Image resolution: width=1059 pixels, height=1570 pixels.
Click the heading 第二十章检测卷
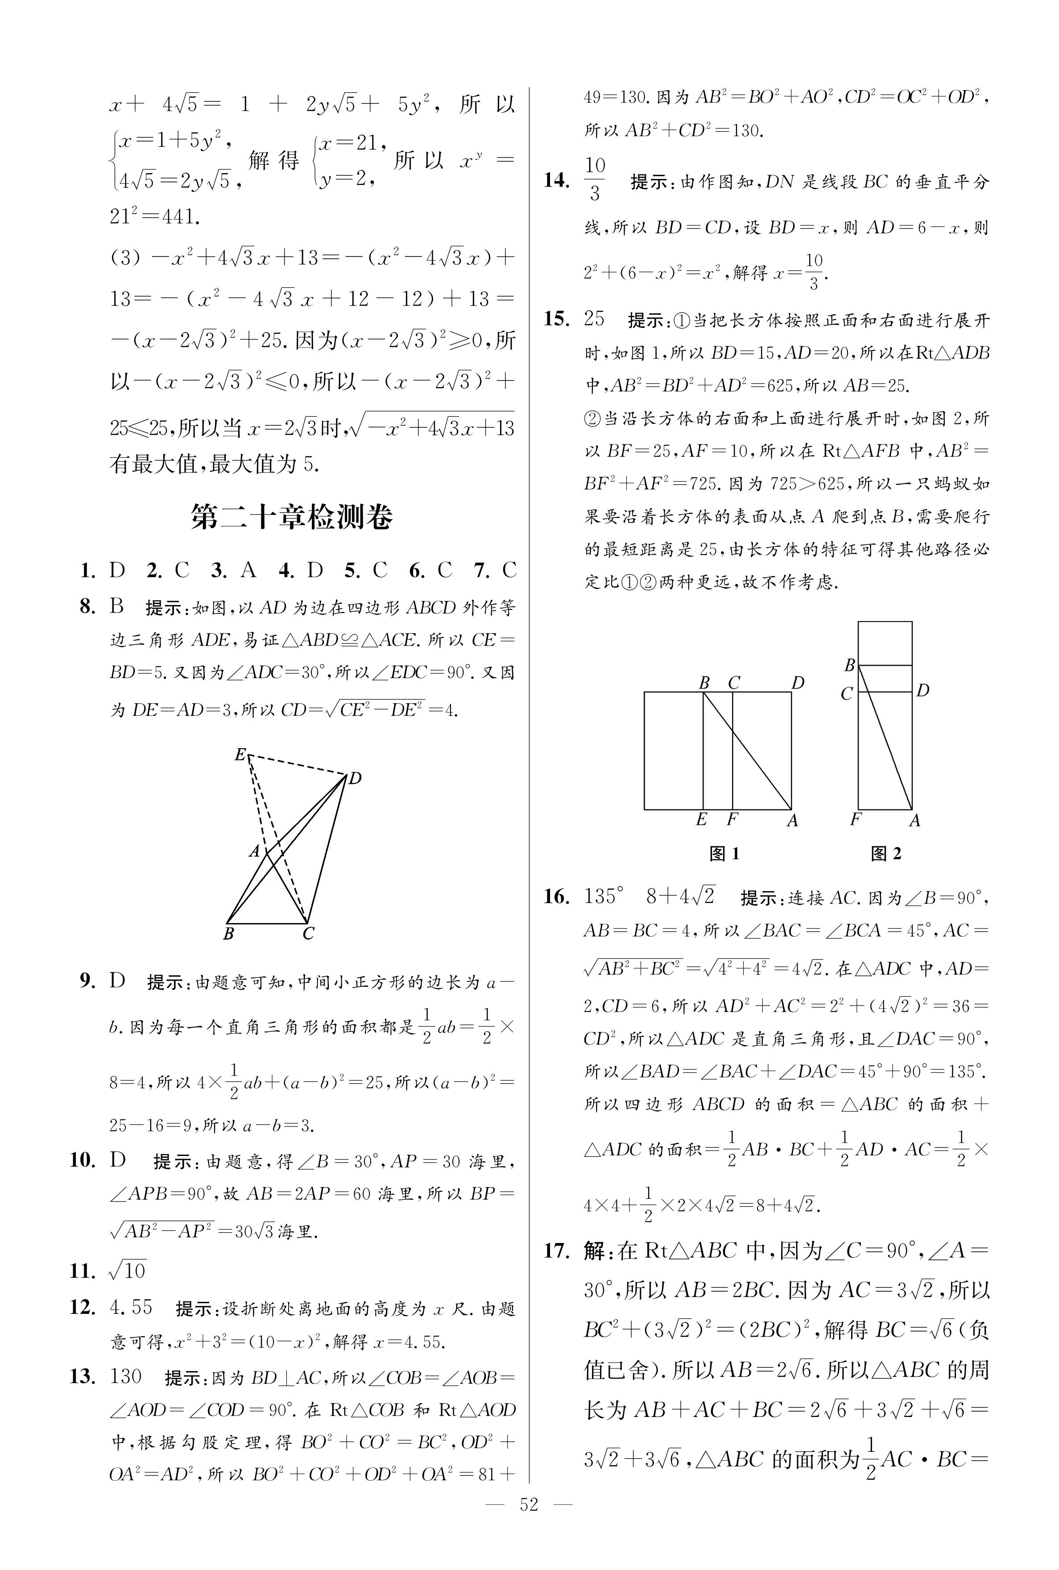[291, 517]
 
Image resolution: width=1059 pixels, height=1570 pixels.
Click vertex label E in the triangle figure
[240, 754]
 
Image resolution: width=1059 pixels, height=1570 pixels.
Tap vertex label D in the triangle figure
[355, 779]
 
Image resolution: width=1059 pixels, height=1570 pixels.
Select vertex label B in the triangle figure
[228, 934]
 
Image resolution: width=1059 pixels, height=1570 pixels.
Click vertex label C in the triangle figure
[309, 934]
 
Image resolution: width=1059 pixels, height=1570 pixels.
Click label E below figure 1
[702, 820]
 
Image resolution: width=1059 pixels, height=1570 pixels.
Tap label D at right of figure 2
[923, 690]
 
